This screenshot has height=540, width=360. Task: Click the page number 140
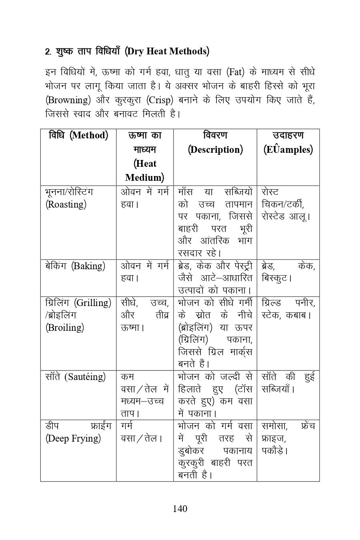180,508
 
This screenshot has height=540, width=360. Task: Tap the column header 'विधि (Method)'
78,135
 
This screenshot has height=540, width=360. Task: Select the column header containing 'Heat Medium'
144,156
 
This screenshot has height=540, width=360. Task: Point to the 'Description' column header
215,150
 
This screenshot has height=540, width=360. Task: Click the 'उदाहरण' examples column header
288,135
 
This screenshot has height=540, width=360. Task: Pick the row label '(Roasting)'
66,204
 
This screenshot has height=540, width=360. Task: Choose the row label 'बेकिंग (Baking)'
75,266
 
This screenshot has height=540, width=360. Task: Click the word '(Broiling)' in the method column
65,328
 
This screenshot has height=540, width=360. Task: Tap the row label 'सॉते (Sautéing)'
76,377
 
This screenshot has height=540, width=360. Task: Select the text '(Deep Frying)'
73,438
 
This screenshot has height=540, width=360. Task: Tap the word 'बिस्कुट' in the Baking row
276,278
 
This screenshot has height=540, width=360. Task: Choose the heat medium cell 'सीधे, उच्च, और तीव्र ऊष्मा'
144,315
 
